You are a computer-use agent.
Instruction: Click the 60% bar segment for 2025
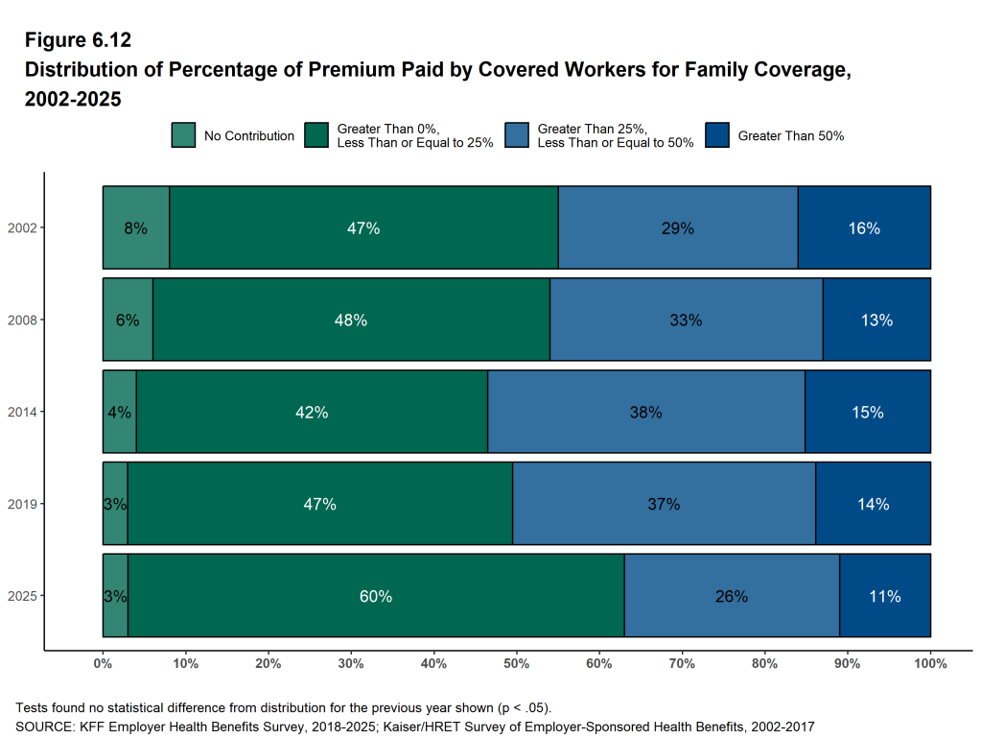376,596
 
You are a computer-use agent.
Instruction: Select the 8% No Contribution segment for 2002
136,228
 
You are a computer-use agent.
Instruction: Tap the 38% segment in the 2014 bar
645,413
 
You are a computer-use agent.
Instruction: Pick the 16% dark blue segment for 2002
864,228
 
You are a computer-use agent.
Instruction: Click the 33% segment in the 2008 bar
686,321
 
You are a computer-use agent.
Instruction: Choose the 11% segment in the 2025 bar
884,596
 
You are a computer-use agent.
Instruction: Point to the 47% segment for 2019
319,504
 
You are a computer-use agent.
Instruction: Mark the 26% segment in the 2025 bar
731,596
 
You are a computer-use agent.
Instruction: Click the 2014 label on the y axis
21,413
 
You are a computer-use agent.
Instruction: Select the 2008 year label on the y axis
21,321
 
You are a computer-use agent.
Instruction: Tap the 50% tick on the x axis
517,664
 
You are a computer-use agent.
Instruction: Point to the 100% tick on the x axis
930,664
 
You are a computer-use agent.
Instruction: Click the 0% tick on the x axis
104,664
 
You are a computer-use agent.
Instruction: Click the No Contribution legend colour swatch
183,135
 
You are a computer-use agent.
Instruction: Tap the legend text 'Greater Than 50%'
790,136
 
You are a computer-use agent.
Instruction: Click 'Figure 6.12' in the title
77,40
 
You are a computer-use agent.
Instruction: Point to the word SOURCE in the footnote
38,727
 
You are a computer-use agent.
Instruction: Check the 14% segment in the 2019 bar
873,504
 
